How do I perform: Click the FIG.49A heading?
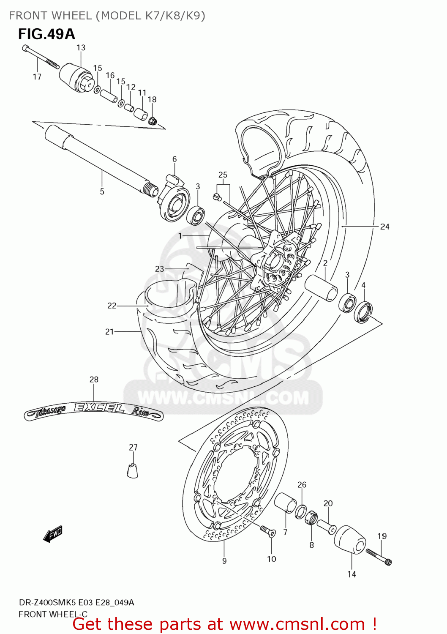tap(46, 34)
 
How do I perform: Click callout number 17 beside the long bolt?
tap(37, 77)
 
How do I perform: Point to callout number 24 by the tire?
tap(384, 227)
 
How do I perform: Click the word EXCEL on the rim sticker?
tap(99, 408)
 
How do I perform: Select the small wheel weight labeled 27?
tap(133, 470)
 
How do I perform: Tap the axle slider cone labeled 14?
tap(350, 541)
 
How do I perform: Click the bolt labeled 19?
tap(379, 557)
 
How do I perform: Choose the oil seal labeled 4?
tap(363, 312)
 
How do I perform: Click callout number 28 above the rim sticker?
tap(94, 380)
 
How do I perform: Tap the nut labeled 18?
tap(153, 120)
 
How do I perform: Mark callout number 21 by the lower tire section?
tap(109, 332)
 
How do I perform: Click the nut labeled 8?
tap(311, 516)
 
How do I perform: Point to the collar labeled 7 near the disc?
tap(286, 503)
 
